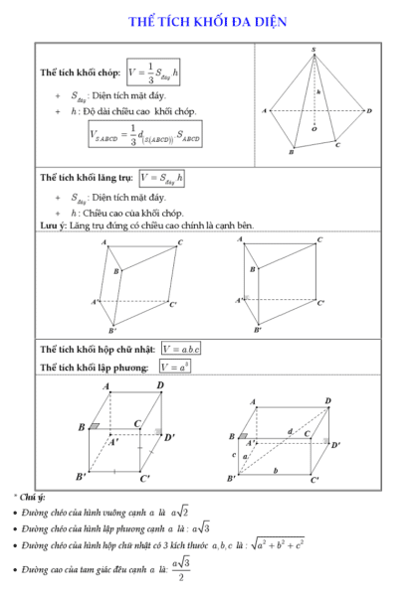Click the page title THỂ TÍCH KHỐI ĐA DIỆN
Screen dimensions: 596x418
pyautogui.click(x=208, y=21)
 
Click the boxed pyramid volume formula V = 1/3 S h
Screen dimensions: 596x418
pyautogui.click(x=154, y=72)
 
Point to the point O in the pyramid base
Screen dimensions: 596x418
pyautogui.click(x=314, y=128)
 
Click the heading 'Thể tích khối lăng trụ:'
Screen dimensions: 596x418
pyautogui.click(x=87, y=178)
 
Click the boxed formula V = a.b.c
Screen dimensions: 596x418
pyautogui.click(x=180, y=349)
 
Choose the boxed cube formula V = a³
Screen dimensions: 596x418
pyautogui.click(x=172, y=367)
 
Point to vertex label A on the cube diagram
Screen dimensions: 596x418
pyautogui.click(x=105, y=385)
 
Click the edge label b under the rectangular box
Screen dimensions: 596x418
pyautogui.click(x=276, y=471)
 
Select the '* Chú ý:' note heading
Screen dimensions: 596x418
pyautogui.click(x=30, y=496)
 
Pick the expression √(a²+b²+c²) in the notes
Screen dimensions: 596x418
pyautogui.click(x=279, y=544)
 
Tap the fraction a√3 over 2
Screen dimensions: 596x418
pyautogui.click(x=180, y=570)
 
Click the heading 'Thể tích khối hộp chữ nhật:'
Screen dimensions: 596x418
pyautogui.click(x=98, y=350)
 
